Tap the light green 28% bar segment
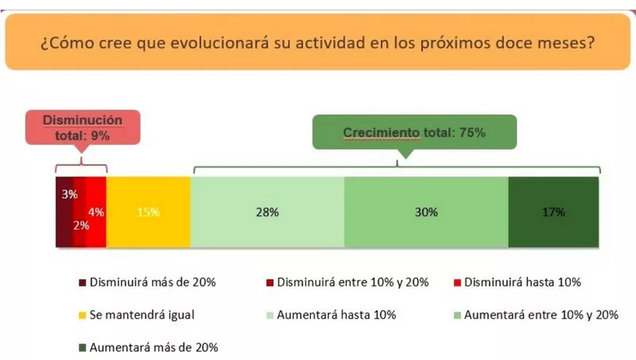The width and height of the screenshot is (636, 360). (x=267, y=213)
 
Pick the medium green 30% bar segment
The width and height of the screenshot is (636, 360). (x=426, y=213)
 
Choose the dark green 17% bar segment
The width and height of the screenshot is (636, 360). (x=553, y=213)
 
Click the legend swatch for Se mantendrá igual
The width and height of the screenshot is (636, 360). (x=82, y=315)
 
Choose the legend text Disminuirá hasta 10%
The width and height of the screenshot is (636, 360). (x=522, y=282)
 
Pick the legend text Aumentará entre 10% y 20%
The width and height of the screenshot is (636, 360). (x=541, y=315)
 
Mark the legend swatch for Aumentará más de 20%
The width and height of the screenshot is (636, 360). (x=82, y=347)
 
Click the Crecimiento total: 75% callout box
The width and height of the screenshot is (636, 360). (x=413, y=133)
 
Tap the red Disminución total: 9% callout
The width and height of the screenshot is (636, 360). (x=83, y=127)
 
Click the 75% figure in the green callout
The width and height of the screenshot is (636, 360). (x=471, y=133)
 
